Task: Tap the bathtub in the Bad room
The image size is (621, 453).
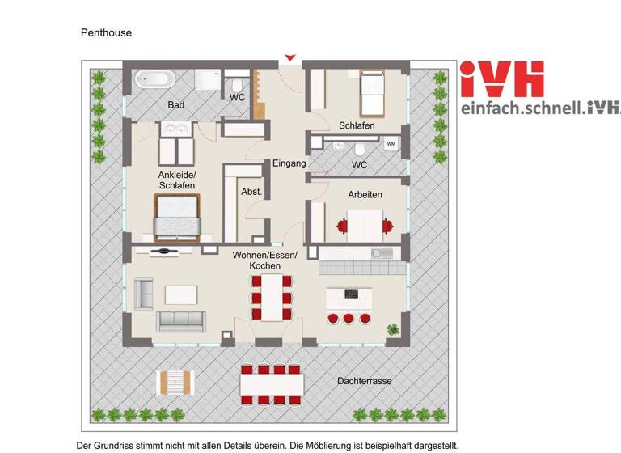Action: coord(152,79)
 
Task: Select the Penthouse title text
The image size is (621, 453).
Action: coord(106,33)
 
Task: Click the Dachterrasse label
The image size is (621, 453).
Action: coord(362,380)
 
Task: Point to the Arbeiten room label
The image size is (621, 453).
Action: coord(365,195)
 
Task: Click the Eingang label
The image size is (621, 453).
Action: coord(289,163)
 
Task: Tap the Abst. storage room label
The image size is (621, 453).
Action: coord(251,192)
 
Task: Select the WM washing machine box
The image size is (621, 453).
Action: coord(391,144)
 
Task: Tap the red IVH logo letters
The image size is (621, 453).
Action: coord(501,79)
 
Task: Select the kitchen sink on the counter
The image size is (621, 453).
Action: coord(381,253)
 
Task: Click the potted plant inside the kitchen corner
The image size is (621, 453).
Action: coord(393,329)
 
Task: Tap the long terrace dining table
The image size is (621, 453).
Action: coord(272,380)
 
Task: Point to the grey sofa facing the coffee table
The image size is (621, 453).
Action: coord(181,321)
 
